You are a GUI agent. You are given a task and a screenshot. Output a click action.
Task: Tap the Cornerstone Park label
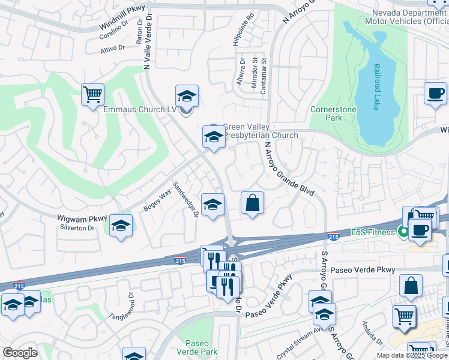click(x=333, y=114)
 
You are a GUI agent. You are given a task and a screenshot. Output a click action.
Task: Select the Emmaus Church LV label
click(x=140, y=110)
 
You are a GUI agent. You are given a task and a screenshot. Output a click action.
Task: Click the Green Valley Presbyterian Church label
click(x=261, y=131)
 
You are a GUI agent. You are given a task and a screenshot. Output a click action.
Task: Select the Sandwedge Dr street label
click(x=185, y=200)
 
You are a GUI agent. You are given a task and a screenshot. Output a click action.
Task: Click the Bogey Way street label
click(x=157, y=199)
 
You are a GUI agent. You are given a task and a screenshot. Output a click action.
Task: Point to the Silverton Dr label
click(x=77, y=228)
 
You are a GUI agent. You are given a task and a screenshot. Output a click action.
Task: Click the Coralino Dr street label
click(x=114, y=30)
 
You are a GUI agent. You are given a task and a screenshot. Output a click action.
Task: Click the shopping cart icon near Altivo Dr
click(x=92, y=95)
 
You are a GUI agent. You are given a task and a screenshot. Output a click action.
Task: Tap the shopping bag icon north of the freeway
click(x=253, y=202)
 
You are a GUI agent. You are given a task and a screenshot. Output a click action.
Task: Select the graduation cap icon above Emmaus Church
click(x=187, y=96)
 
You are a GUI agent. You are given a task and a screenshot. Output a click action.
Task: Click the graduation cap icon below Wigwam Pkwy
click(x=121, y=226)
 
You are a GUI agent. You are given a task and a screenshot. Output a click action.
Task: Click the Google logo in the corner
click(x=20, y=353)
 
